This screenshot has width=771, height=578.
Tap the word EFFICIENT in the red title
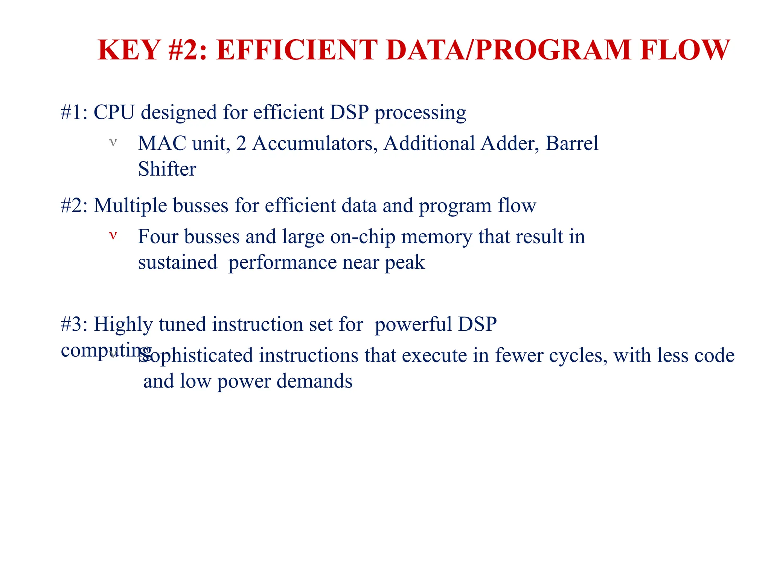[x=297, y=50]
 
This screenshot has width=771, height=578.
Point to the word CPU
[x=114, y=113]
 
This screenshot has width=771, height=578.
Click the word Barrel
[x=571, y=143]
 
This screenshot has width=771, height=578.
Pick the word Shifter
[x=167, y=169]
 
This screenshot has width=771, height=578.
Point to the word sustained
[x=178, y=262]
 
